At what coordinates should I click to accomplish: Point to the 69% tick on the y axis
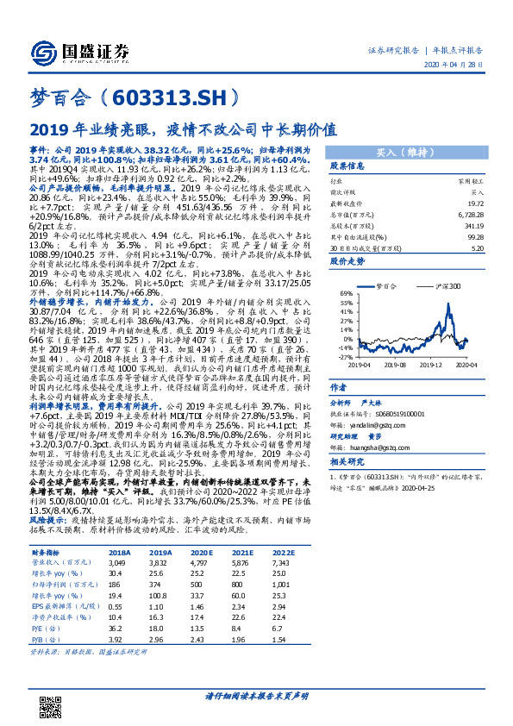click(343, 292)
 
